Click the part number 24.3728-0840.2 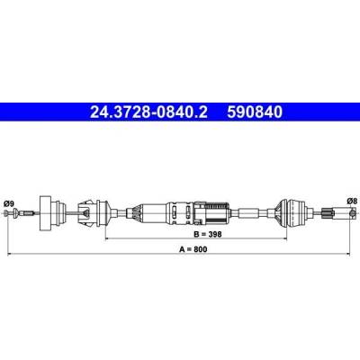(x=148, y=112)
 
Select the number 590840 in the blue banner (x=255, y=112)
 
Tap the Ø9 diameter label (x=9, y=204)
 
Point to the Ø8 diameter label (x=352, y=202)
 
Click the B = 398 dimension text (x=208, y=234)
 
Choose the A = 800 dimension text (x=193, y=249)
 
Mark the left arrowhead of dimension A (x=10, y=254)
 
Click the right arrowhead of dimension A (x=347, y=254)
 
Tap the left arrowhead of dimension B (x=108, y=238)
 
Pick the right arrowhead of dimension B (x=284, y=238)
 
